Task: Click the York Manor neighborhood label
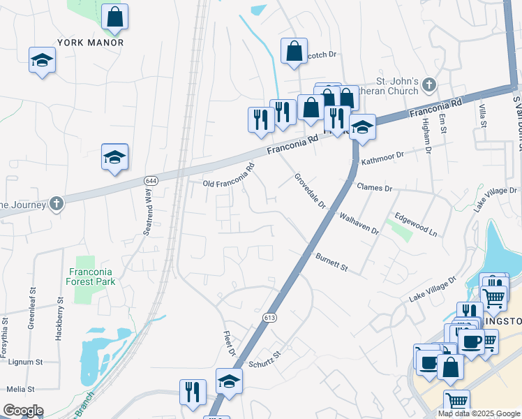point(90,43)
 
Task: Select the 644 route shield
point(150,180)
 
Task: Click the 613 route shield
point(269,318)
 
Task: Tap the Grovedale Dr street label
point(310,191)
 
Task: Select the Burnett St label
point(331,263)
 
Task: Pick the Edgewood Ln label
point(415,225)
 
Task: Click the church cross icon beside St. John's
point(429,85)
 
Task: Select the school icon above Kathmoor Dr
point(361,127)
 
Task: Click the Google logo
point(23,411)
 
